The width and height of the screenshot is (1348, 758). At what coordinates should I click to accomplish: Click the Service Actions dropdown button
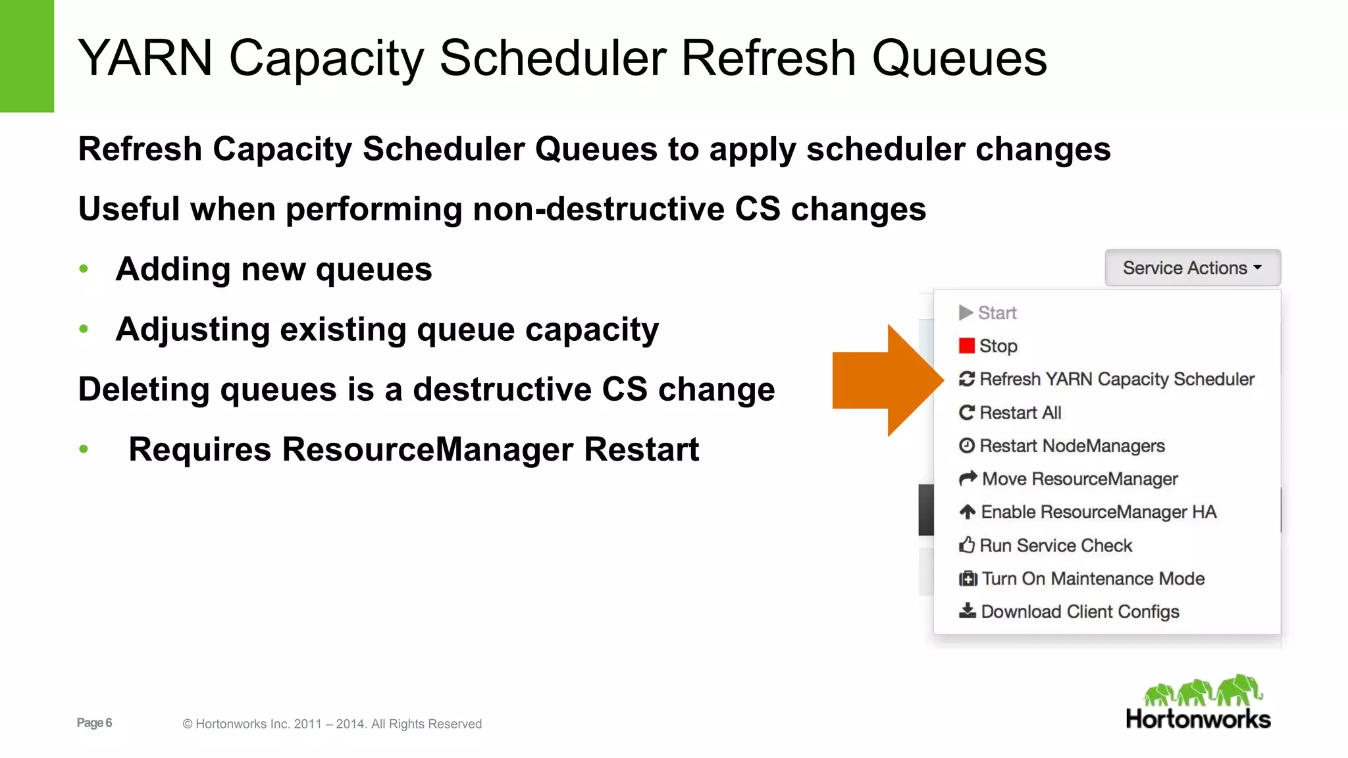tap(1192, 268)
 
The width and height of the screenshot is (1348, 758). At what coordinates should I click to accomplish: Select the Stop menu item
tap(998, 346)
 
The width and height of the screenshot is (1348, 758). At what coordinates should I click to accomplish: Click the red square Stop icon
tap(966, 346)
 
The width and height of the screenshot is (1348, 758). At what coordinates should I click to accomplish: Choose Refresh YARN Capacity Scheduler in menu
tap(1116, 380)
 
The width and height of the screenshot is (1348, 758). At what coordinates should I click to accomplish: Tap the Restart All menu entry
tap(1020, 413)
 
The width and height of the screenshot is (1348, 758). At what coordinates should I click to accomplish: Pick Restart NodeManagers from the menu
tap(1072, 446)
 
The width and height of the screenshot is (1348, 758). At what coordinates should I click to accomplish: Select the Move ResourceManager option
tap(1079, 479)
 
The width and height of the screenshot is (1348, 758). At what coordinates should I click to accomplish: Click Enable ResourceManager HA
tap(1098, 512)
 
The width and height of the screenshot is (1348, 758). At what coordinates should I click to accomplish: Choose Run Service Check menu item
tap(1055, 545)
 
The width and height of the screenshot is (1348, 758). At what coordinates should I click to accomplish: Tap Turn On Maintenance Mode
tap(1093, 579)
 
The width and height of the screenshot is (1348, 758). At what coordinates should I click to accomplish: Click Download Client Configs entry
tap(1079, 612)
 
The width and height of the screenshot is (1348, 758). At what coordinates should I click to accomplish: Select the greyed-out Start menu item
tap(997, 313)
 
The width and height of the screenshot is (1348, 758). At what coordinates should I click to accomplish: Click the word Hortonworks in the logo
tap(1198, 719)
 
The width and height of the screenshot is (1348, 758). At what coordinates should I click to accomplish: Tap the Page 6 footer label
tap(94, 723)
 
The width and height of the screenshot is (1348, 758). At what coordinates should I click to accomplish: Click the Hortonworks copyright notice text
tap(332, 724)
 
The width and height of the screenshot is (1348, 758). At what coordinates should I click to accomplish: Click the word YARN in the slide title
tap(145, 59)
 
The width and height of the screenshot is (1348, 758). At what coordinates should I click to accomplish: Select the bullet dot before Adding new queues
tap(84, 268)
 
